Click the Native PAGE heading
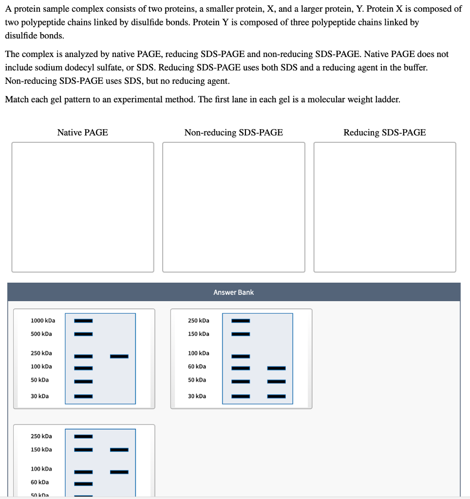[82, 133]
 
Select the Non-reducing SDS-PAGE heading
[233, 133]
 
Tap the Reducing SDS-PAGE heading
[384, 133]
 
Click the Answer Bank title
[233, 292]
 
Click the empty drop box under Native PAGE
[83, 207]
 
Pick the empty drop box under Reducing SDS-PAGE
[385, 207]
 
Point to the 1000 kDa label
[43, 321]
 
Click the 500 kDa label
[41, 334]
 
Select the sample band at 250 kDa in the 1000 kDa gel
[119, 357]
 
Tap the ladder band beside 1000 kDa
[83, 321]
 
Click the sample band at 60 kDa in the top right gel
[276, 368]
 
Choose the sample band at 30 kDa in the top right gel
[276, 396]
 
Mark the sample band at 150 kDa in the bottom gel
[119, 449]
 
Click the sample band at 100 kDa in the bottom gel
[119, 472]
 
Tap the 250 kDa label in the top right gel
[199, 321]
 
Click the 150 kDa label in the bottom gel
[41, 449]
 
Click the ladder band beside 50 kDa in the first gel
[83, 381]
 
